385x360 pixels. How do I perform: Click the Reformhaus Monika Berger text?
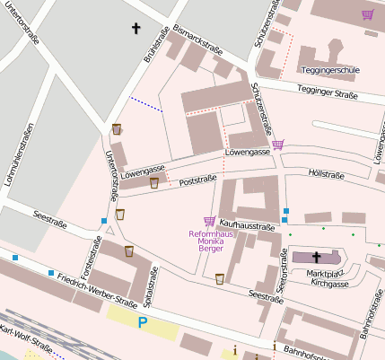[206, 241]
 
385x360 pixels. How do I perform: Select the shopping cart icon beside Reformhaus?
[209, 222]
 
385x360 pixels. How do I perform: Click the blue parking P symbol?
[142, 321]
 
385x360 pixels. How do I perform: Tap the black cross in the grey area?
[136, 29]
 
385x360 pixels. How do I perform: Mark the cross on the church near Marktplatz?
[316, 257]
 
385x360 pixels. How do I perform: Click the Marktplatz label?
[326, 272]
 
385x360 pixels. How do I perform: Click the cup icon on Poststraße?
[154, 182]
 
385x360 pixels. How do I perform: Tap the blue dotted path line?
[145, 104]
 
